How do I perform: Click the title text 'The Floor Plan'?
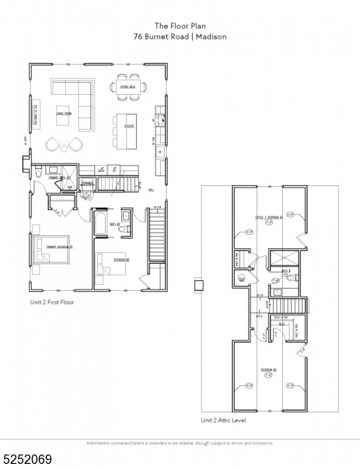click(x=180, y=24)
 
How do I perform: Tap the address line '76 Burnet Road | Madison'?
click(x=180, y=35)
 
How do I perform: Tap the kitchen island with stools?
click(x=125, y=125)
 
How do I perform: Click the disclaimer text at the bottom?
click(x=180, y=443)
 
